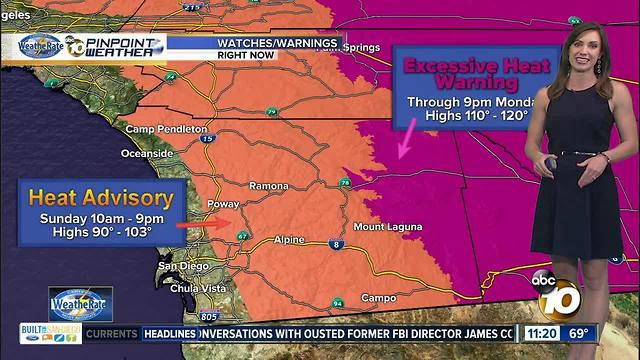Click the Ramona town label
(269, 186)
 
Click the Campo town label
(379, 297)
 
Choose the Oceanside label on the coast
(147, 153)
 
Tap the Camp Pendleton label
(167, 129)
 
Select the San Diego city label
(183, 265)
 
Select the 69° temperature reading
(580, 333)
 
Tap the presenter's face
(583, 44)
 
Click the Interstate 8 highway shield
(336, 244)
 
